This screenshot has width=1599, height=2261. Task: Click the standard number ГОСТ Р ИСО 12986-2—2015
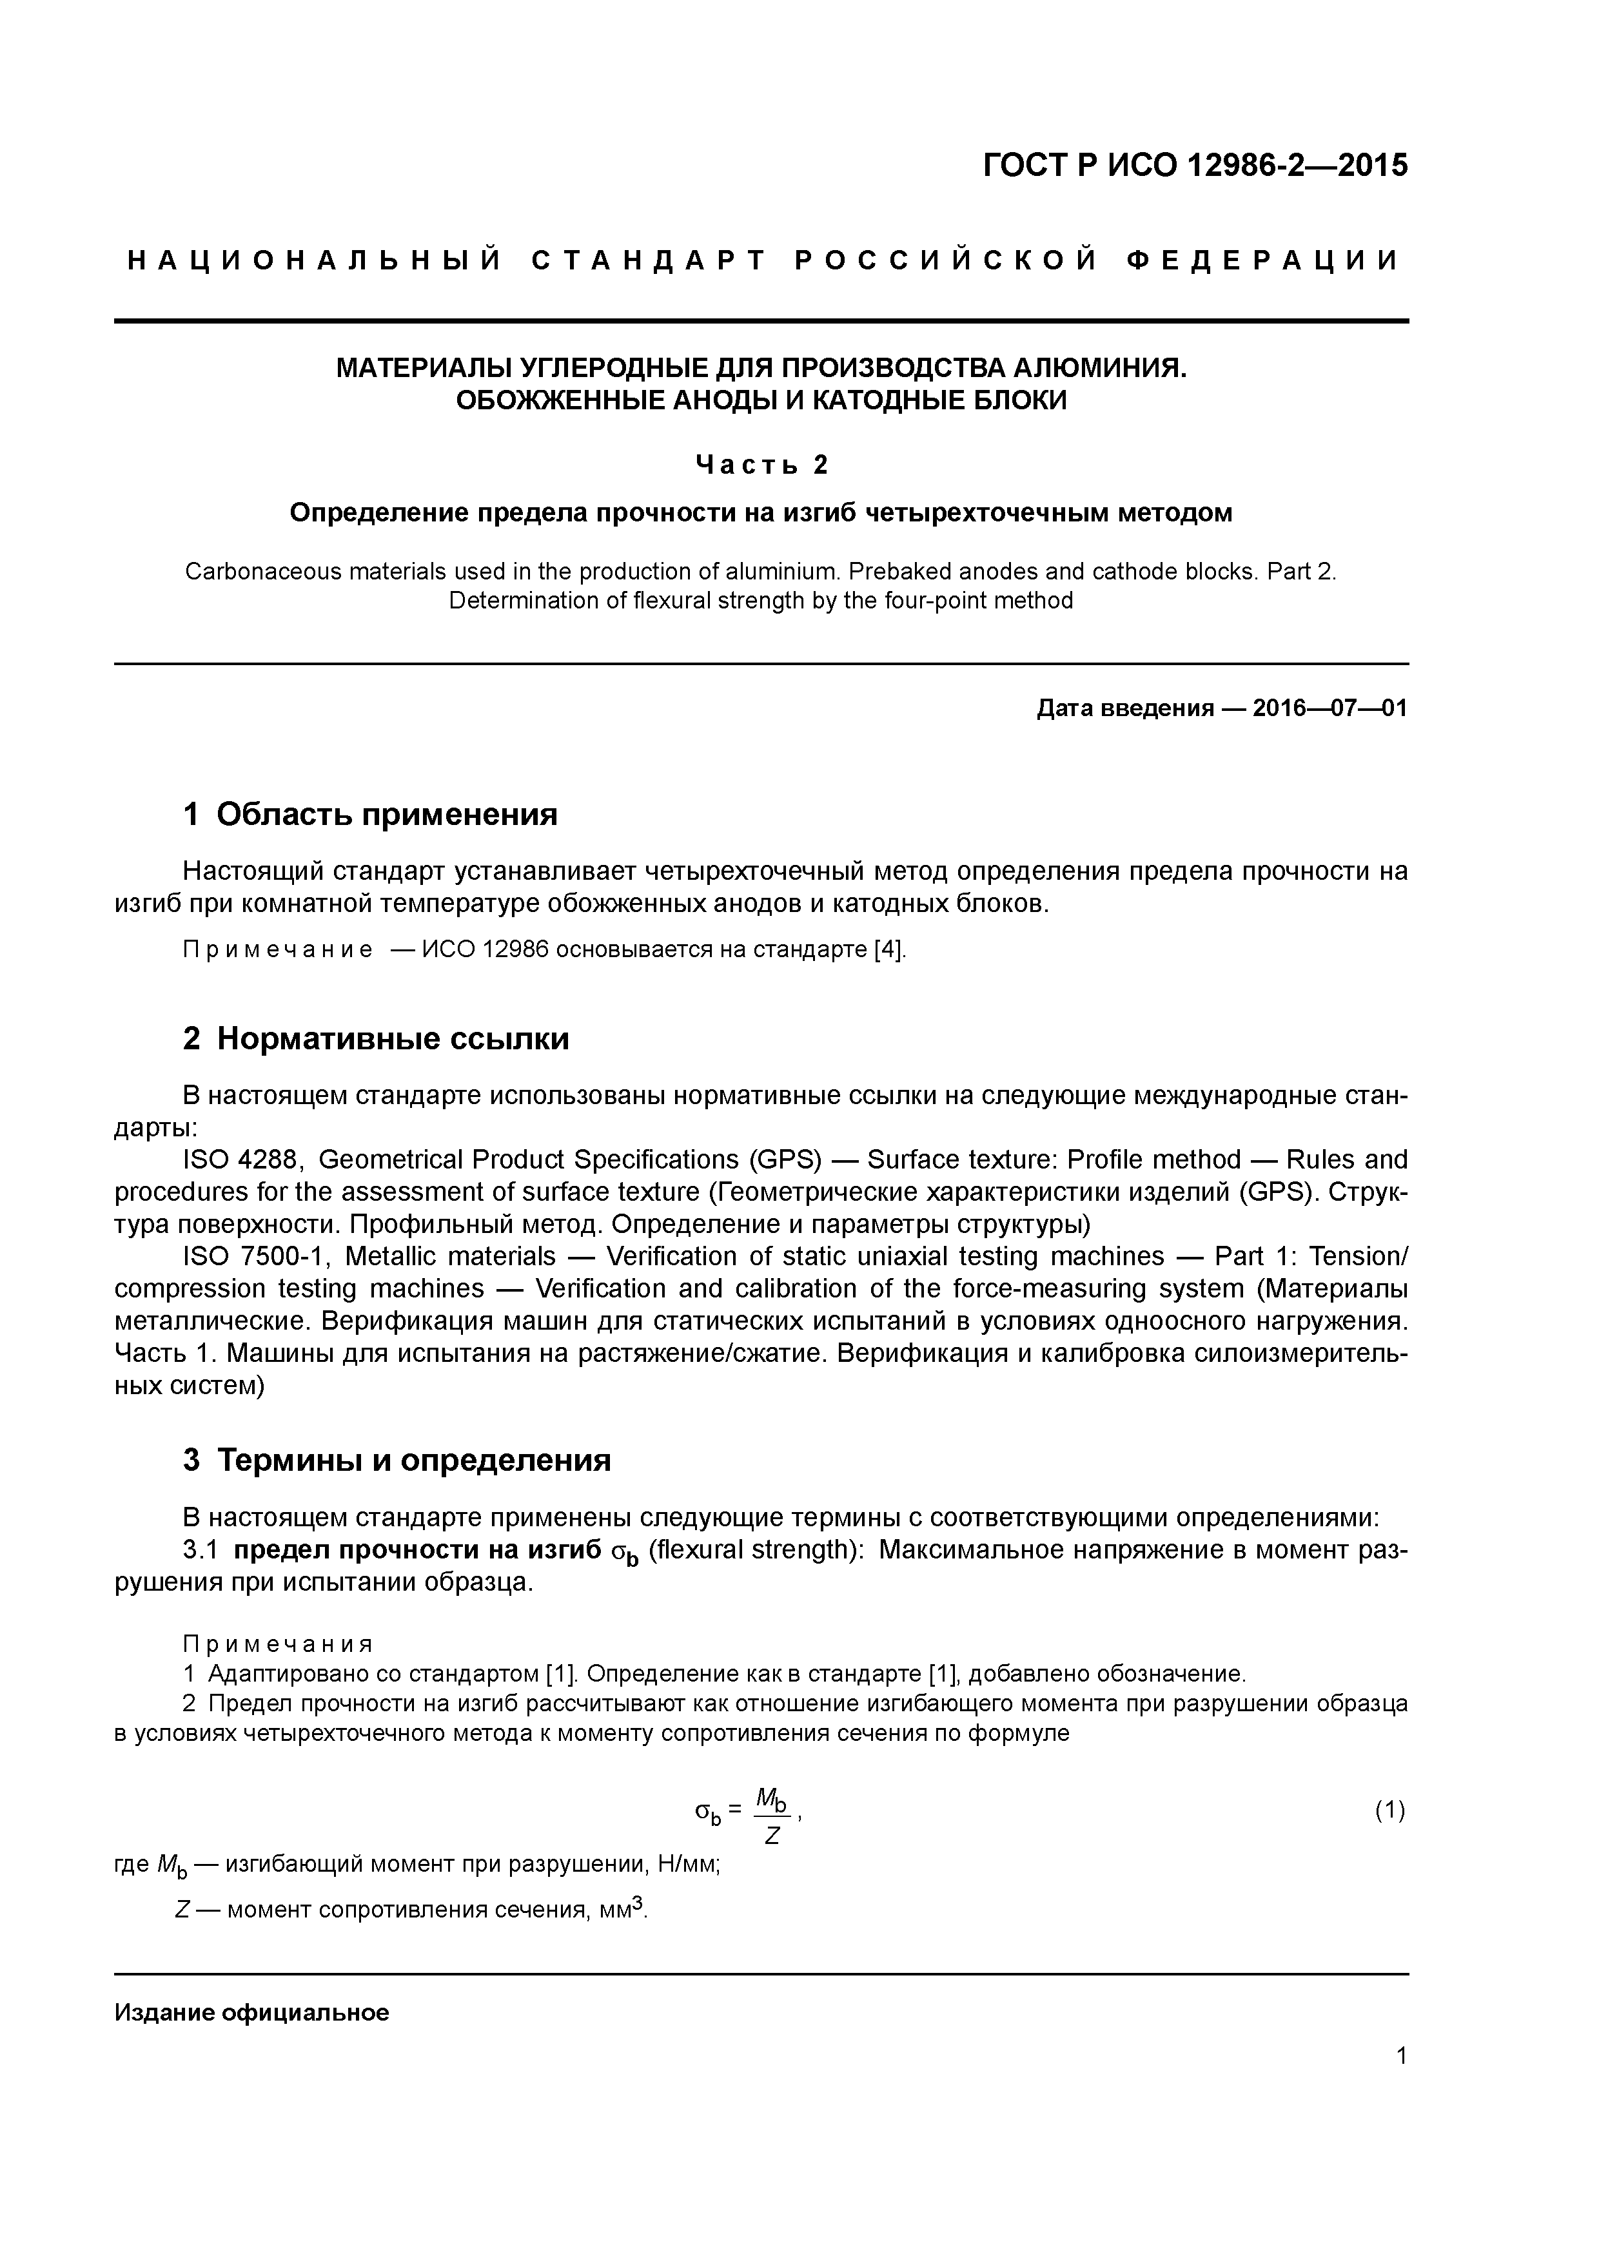click(x=1195, y=166)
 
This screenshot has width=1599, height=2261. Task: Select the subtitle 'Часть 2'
click(x=761, y=465)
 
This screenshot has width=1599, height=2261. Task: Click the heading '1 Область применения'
click(x=371, y=815)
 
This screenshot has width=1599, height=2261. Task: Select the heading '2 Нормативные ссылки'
click(x=377, y=1039)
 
